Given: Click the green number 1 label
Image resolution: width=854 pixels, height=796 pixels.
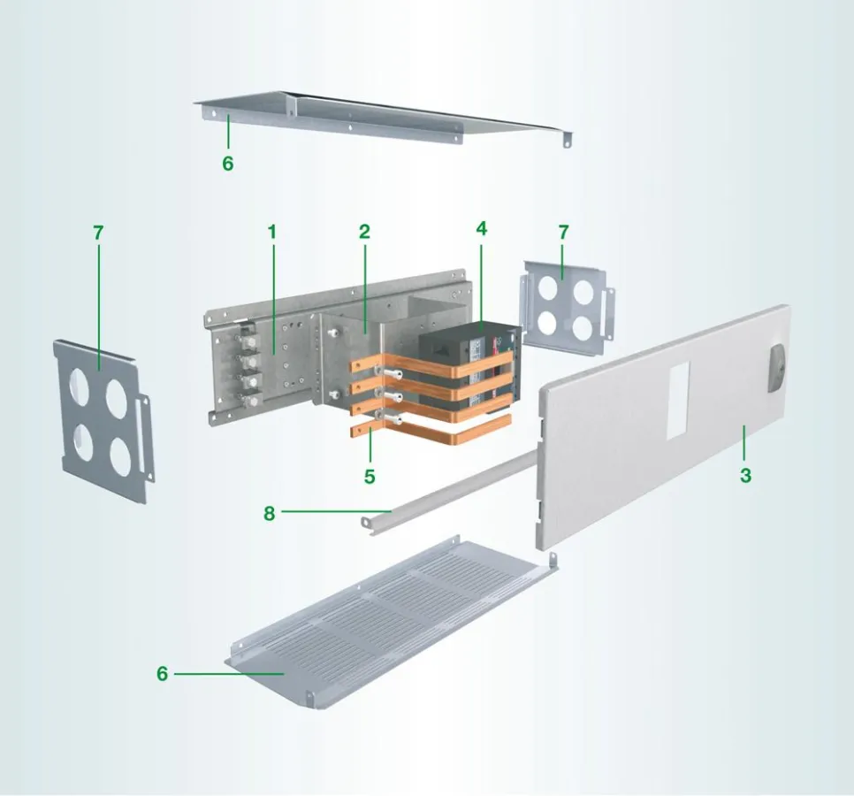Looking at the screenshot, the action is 272,233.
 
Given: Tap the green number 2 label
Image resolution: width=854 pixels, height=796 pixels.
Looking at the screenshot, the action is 364,232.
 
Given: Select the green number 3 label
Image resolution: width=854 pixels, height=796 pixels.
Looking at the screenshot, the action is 745,475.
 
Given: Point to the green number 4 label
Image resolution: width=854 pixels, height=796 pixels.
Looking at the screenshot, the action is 482,229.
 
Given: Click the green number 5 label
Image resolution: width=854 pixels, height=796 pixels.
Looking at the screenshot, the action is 370,477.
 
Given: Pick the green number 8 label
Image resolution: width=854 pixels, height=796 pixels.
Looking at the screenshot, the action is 270,513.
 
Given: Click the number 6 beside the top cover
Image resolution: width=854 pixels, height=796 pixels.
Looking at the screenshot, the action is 228,163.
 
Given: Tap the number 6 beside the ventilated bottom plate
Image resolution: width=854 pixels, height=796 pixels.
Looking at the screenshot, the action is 163,673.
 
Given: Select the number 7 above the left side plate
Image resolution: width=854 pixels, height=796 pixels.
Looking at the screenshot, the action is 98,233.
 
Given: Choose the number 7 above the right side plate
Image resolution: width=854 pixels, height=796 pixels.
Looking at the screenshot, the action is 564,232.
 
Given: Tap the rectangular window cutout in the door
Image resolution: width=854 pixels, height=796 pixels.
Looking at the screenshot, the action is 678,400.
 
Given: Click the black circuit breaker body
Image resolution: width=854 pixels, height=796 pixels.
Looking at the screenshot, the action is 469,371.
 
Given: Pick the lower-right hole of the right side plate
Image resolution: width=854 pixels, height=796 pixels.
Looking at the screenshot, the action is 583,327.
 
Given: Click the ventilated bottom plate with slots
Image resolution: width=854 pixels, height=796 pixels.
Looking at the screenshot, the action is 391,621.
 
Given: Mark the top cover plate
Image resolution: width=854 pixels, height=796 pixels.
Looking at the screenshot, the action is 381,117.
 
